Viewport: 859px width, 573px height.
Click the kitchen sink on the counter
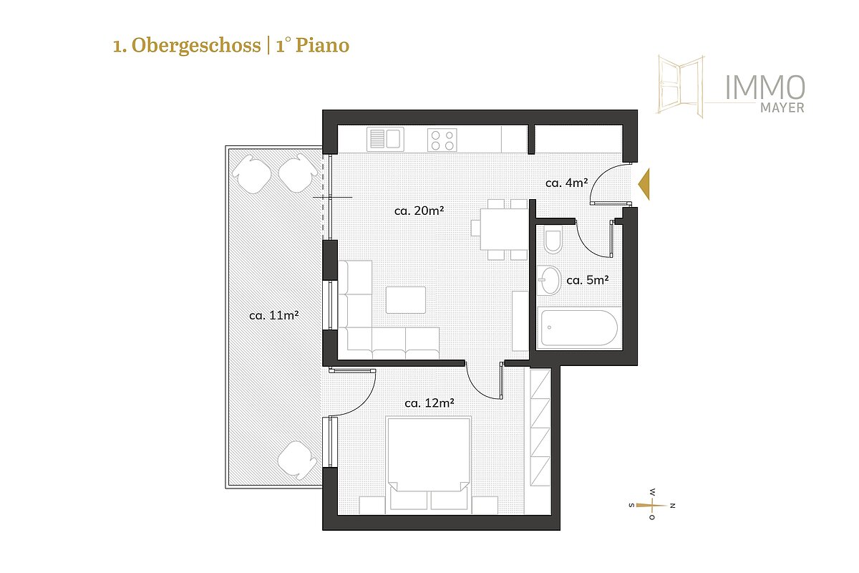coord(385,139)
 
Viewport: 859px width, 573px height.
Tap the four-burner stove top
coord(442,140)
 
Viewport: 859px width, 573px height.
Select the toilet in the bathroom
coord(553,239)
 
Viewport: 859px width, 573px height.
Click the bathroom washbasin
coord(549,280)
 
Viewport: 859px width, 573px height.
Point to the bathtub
coord(579,328)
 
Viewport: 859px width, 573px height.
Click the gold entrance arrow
coord(644,184)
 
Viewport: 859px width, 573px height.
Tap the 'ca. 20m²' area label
coord(419,211)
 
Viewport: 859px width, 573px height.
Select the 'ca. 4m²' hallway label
coord(566,183)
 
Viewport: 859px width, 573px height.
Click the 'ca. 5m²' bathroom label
coord(588,280)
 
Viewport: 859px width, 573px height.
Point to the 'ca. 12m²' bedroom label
coord(429,403)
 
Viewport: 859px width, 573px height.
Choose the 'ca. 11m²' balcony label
coord(273,315)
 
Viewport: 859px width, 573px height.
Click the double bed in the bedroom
coord(429,465)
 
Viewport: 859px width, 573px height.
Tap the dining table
coord(505,228)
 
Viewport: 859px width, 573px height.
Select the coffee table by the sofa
coord(406,300)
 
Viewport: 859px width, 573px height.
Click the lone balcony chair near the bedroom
coord(297,460)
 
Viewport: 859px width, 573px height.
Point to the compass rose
coord(652,505)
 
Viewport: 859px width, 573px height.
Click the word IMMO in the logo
coord(765,87)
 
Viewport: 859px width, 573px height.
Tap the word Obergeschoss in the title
coord(196,47)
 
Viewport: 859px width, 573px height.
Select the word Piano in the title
coord(322,45)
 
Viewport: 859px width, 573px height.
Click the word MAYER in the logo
coord(782,108)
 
